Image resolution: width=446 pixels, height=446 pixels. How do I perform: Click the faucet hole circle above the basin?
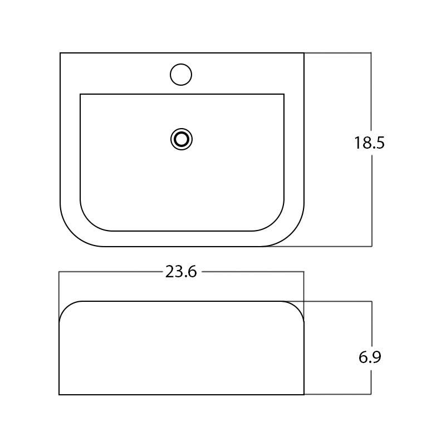[x=180, y=74]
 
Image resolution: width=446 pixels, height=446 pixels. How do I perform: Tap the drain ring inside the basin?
[x=182, y=139]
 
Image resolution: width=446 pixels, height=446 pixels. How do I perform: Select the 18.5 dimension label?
[x=369, y=143]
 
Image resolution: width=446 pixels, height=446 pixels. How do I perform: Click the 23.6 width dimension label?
[x=181, y=272]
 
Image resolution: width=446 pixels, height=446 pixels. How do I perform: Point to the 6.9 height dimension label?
[x=370, y=357]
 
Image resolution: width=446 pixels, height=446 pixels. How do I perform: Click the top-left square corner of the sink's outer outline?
[x=60, y=53]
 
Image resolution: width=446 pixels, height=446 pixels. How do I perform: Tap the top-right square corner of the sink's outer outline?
[x=304, y=53]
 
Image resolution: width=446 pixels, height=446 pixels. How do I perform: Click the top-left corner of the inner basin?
[x=81, y=94]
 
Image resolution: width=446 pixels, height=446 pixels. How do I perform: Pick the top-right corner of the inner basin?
[x=284, y=94]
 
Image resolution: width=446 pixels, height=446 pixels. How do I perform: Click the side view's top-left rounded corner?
[x=66, y=307]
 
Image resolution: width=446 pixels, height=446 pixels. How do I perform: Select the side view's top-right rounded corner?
[x=297, y=307]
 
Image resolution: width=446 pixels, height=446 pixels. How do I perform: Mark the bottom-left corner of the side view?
[x=60, y=394]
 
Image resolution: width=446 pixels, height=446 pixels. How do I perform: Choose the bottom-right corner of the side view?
[x=304, y=394]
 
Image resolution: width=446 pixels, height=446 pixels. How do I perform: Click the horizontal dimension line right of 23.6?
[x=251, y=272]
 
